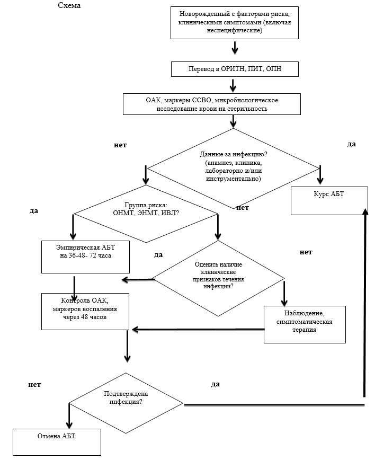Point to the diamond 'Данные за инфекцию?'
(234, 167)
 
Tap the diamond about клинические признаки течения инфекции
(218, 279)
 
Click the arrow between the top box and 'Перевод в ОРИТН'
(235, 49)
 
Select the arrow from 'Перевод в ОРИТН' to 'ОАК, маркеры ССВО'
(233, 85)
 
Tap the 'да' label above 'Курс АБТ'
(351, 144)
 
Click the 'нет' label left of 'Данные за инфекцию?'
(120, 145)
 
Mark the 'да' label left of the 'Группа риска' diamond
(34, 210)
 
